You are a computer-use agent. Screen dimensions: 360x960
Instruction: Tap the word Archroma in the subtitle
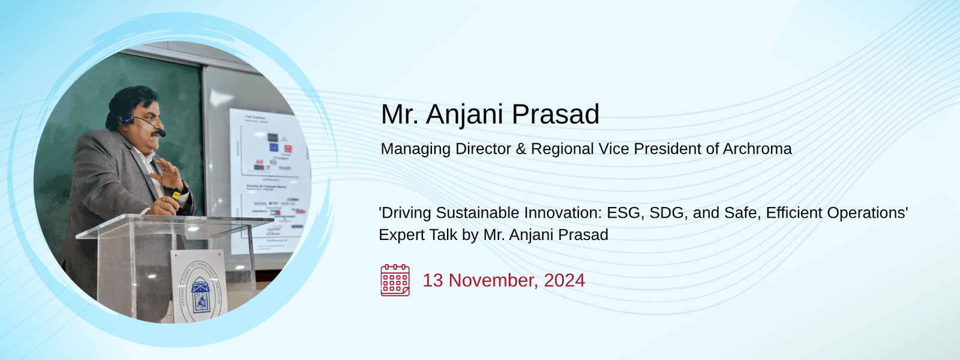point(757,149)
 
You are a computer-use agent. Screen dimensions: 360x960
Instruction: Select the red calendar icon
point(395,280)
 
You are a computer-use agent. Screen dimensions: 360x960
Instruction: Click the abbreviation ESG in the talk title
point(624,213)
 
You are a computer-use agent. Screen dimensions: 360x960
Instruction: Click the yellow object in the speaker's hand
point(176,194)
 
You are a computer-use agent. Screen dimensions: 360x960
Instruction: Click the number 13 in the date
point(433,280)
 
